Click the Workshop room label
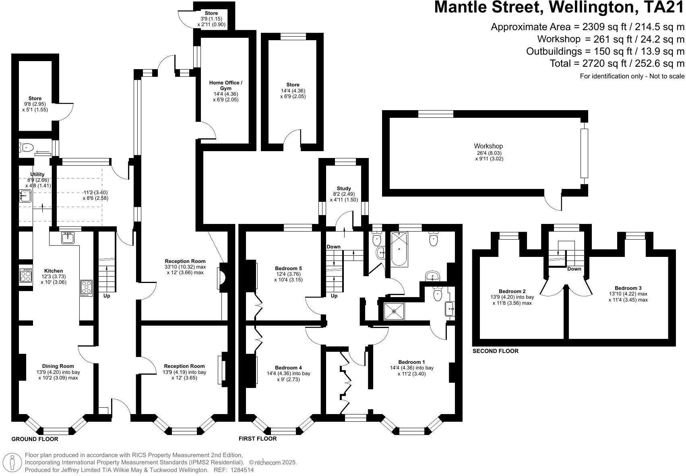point(488,146)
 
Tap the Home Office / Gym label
point(225,85)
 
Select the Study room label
point(343,188)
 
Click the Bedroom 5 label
point(288,268)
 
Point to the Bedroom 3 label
point(628,288)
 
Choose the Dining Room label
point(58,366)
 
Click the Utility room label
point(37,174)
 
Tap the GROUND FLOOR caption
point(35,439)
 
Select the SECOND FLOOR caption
point(495,351)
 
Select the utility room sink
point(25,196)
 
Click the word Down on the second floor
point(574,269)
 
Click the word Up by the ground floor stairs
point(107,296)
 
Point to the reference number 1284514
point(243,470)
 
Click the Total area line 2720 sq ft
point(617,63)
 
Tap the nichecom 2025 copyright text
point(273,462)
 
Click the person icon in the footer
point(12,462)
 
